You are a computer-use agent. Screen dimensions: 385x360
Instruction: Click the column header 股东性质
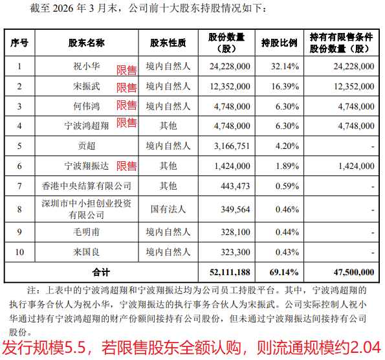(x=168, y=43)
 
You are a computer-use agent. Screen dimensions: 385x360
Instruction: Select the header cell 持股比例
(x=279, y=43)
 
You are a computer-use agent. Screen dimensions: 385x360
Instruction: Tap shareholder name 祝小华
(x=87, y=66)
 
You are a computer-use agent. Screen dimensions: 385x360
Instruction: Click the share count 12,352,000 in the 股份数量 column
(x=230, y=87)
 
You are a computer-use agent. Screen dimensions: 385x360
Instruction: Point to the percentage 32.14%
(x=285, y=66)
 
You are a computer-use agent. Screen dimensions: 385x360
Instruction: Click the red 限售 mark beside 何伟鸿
(x=127, y=106)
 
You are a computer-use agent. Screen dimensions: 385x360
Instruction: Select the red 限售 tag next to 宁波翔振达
(x=127, y=166)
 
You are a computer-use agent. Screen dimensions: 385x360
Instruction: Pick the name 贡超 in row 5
(x=87, y=146)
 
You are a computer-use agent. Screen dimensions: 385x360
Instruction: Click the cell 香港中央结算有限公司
(x=87, y=186)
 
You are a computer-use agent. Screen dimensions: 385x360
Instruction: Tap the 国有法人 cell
(x=168, y=209)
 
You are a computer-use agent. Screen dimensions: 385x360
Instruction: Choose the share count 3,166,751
(x=232, y=146)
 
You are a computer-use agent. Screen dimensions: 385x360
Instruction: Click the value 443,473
(x=236, y=186)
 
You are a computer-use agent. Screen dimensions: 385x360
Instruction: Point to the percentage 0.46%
(x=287, y=210)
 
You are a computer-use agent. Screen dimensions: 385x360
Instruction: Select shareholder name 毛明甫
(x=87, y=232)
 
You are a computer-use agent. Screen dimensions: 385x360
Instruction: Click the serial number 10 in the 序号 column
(x=19, y=252)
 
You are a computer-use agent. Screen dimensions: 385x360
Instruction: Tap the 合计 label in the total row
(x=101, y=273)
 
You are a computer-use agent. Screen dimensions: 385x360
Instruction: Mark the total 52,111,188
(x=230, y=273)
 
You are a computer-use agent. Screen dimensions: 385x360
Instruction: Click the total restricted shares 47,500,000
(x=354, y=273)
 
